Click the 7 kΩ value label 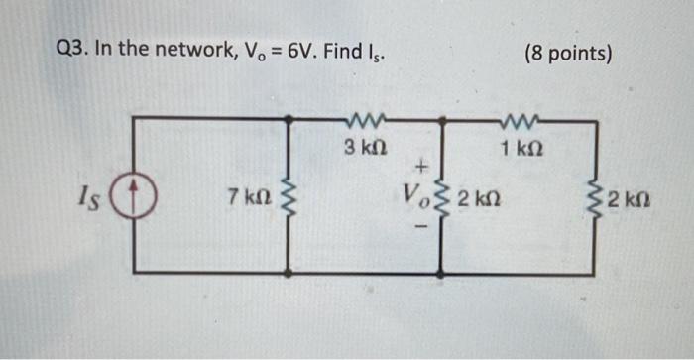click(248, 197)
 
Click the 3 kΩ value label click(363, 147)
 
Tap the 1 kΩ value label click(520, 148)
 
